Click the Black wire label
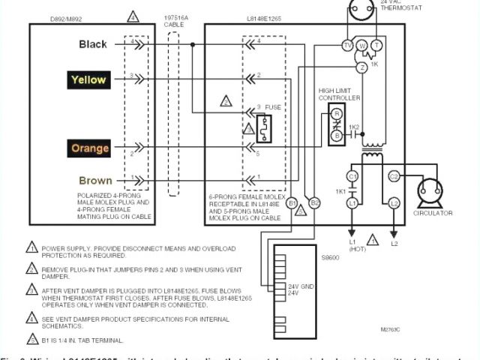(x=94, y=44)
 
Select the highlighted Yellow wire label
(x=88, y=79)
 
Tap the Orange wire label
(x=90, y=148)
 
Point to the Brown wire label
(x=95, y=181)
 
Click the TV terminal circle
(x=347, y=46)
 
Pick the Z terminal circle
(x=361, y=67)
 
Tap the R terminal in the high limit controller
(x=337, y=113)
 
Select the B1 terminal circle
(x=292, y=202)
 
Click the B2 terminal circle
(x=315, y=202)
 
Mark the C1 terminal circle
(x=352, y=175)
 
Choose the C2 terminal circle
(x=394, y=175)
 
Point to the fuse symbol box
(x=264, y=128)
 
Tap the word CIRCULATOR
(x=433, y=213)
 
